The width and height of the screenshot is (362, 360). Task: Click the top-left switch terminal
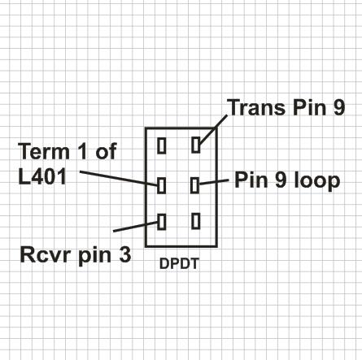pos(162,145)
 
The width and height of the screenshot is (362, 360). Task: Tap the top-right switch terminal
pos(196,145)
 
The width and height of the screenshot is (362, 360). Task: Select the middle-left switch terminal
pos(161,185)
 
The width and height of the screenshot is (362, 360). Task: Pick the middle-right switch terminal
pos(194,185)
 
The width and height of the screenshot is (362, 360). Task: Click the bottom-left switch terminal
pos(162,222)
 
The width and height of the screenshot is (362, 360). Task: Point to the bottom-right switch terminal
pos(196,221)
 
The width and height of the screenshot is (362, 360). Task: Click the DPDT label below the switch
pos(179,263)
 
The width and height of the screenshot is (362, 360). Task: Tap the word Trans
pos(256,107)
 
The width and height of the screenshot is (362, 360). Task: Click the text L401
pos(42,176)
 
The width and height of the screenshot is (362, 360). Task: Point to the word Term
pos(44,151)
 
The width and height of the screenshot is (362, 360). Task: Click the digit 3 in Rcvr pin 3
pos(125,254)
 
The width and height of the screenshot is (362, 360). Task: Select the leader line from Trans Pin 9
pos(213,130)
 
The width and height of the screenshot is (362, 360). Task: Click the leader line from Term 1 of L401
pos(119,179)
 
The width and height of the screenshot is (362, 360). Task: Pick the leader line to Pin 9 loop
pos(214,182)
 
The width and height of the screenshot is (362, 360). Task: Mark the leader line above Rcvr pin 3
pos(135,227)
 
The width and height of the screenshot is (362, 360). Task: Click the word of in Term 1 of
pos(106,151)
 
